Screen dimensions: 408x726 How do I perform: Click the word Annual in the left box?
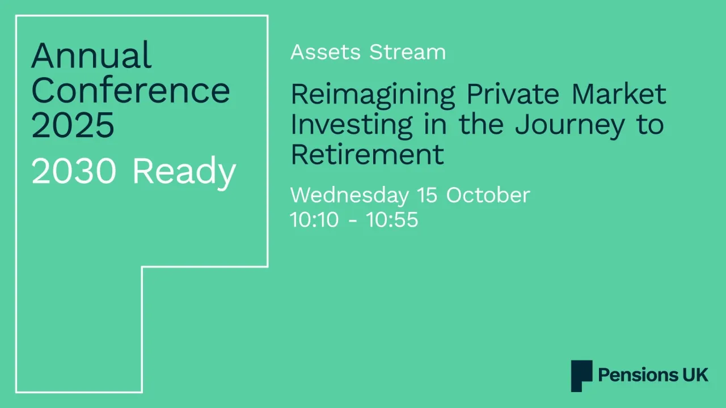click(x=91, y=56)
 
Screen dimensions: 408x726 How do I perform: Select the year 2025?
click(x=73, y=125)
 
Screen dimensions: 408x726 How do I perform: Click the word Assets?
click(x=326, y=52)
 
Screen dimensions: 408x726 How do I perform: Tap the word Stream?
click(x=407, y=52)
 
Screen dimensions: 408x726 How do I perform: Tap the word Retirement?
click(x=367, y=154)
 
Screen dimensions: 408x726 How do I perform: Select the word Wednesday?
click(x=349, y=195)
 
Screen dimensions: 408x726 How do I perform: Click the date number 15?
click(x=427, y=195)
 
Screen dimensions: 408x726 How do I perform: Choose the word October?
click(x=488, y=195)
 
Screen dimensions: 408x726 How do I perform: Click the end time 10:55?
click(x=392, y=220)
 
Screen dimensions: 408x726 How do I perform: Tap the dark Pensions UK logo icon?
click(x=581, y=376)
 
